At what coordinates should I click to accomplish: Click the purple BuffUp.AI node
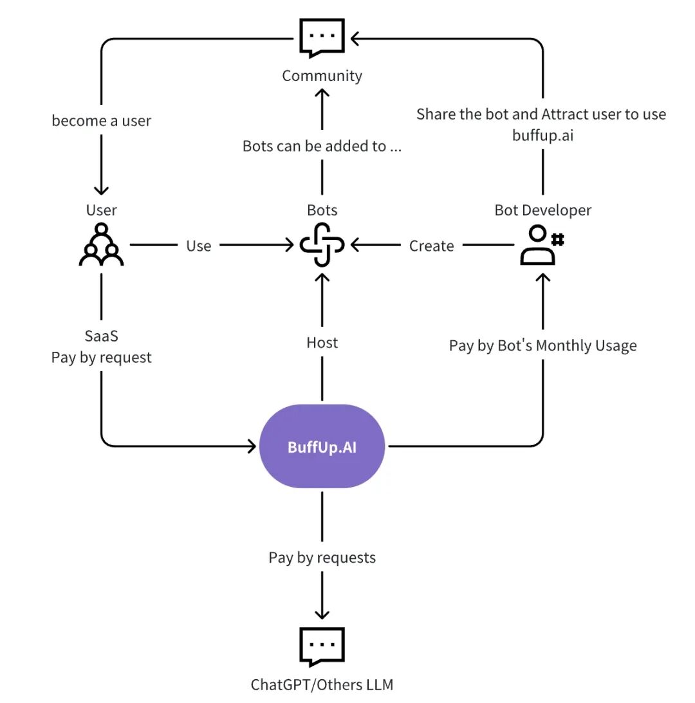pos(322,446)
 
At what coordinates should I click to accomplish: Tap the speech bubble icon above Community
pos(322,38)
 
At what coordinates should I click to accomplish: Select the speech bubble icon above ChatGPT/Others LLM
pos(322,646)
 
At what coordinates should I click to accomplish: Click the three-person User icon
pos(102,245)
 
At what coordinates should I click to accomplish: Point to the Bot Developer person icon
pos(542,245)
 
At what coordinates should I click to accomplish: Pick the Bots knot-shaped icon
pos(322,245)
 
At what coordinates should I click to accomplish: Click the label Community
pos(322,76)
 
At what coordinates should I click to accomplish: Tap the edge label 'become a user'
pos(102,121)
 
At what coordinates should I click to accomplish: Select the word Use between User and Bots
pos(198,246)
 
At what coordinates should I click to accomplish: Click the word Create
pos(431,246)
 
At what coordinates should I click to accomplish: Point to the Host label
pos(322,343)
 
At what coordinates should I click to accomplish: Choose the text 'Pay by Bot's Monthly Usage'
pos(543,345)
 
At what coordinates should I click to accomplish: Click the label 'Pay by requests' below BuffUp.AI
pos(322,557)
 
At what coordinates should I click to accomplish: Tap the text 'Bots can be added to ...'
pos(322,146)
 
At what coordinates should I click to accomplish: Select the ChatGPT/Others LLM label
pos(322,684)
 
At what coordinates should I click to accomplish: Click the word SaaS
pos(102,336)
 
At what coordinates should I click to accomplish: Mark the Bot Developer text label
pos(543,210)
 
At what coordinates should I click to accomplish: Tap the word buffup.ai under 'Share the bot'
pos(543,135)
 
